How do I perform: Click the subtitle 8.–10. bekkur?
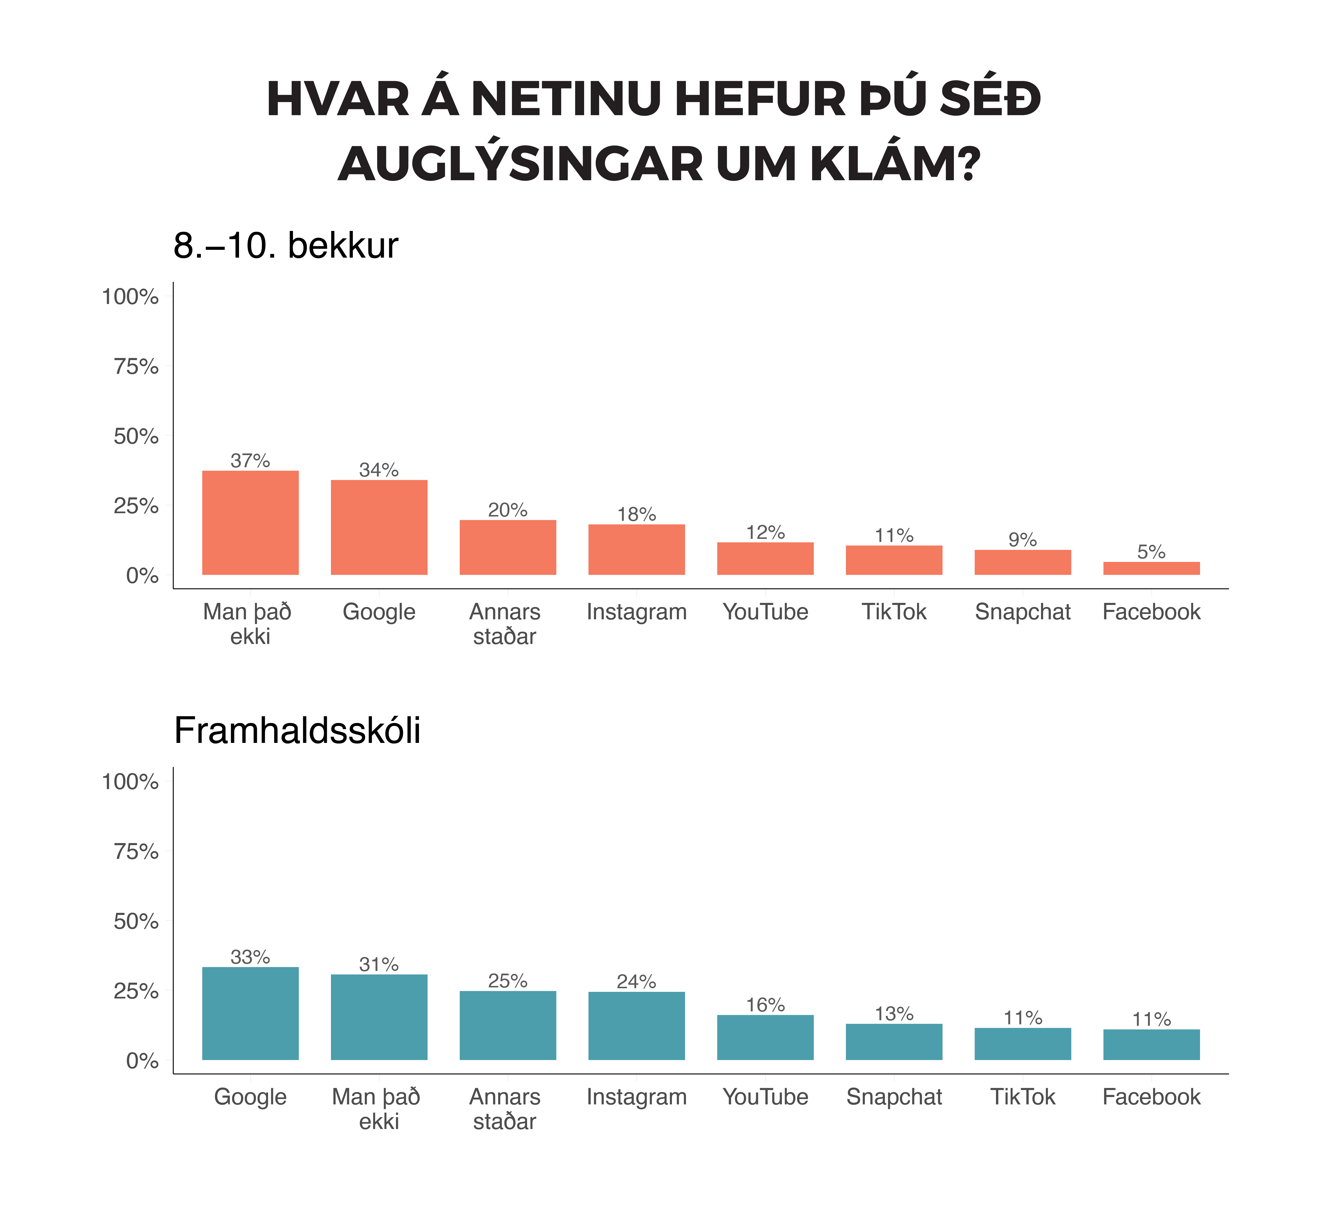click(286, 246)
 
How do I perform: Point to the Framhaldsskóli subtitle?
click(297, 731)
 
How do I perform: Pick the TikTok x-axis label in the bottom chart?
click(1023, 1097)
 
